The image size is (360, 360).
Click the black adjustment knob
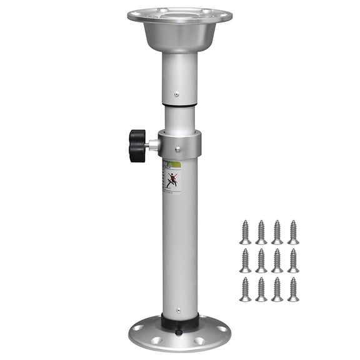pyautogui.click(x=137, y=145)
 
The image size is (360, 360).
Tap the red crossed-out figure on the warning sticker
pyautogui.click(x=172, y=181)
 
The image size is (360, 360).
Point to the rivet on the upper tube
pyautogui.click(x=177, y=95)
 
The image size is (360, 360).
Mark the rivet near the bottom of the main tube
pyautogui.click(x=177, y=309)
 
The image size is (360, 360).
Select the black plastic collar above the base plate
pyautogui.click(x=180, y=322)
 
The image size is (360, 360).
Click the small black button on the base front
pyautogui.click(x=180, y=333)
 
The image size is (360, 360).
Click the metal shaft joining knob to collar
pyautogui.click(x=152, y=145)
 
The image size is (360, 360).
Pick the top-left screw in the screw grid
pyautogui.click(x=245, y=232)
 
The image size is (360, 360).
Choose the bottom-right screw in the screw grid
pyautogui.click(x=292, y=289)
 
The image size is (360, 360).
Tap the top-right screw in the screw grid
pyautogui.click(x=292, y=232)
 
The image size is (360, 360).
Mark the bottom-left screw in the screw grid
pyautogui.click(x=245, y=289)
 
